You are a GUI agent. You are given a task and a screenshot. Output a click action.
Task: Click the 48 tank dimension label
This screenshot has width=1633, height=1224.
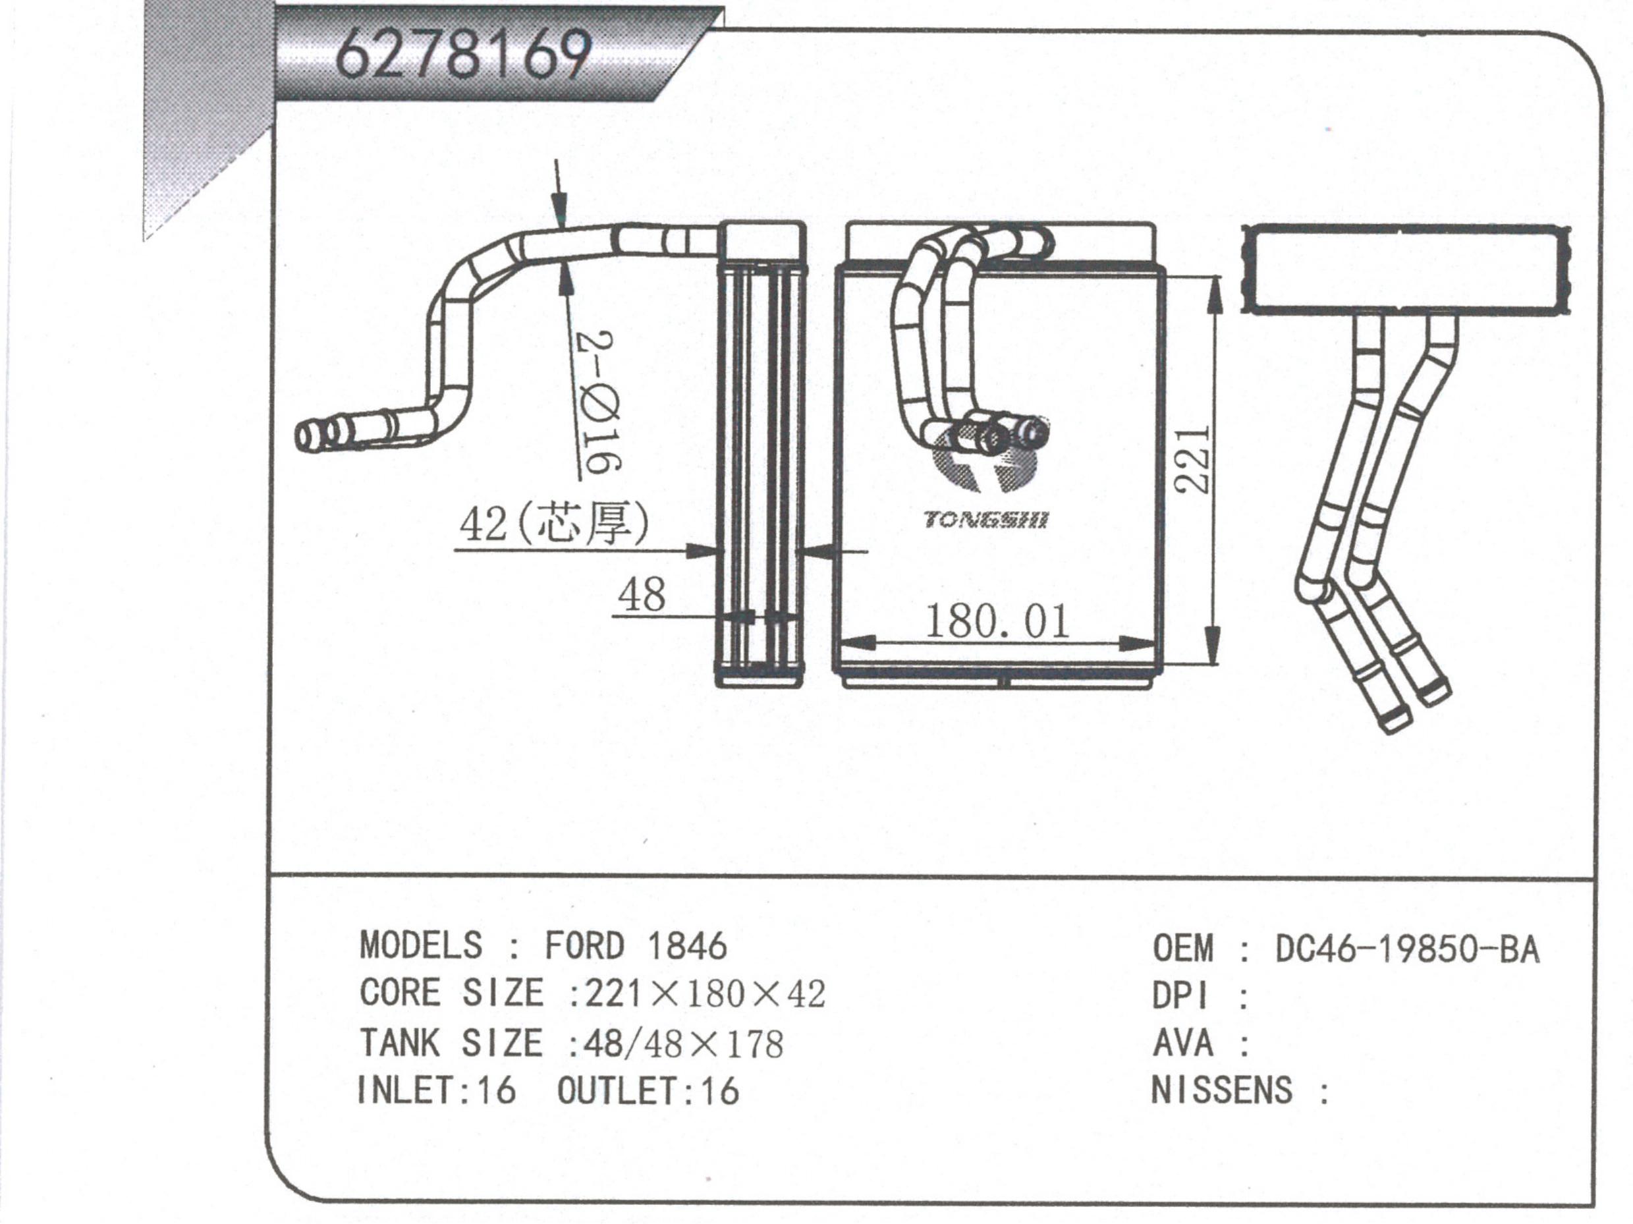click(x=641, y=594)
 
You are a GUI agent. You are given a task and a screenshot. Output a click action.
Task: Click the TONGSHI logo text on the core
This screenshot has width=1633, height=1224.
click(x=986, y=519)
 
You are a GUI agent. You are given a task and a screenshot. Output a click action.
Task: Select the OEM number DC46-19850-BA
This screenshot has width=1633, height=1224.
click(x=1406, y=949)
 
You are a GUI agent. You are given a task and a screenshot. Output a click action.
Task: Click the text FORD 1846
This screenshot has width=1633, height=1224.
click(x=635, y=946)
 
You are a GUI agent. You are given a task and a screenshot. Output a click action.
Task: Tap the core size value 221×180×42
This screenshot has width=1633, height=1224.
click(x=704, y=993)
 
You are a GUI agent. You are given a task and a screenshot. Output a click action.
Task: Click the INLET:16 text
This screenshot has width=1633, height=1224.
click(x=436, y=1090)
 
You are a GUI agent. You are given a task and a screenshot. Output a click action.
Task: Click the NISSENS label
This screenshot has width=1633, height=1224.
click(x=1221, y=1090)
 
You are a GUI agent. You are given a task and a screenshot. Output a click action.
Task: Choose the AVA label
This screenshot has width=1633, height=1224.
click(x=1182, y=1043)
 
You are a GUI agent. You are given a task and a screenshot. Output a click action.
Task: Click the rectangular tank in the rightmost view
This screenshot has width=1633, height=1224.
click(x=1406, y=269)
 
